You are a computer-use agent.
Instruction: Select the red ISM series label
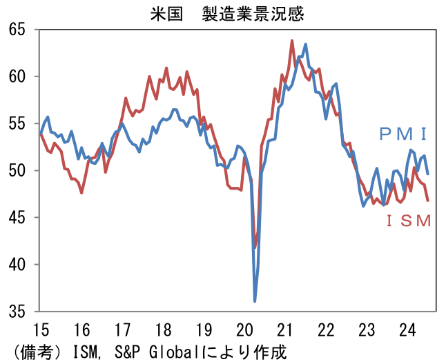click(408, 221)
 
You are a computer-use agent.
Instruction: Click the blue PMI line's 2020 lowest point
click(255, 301)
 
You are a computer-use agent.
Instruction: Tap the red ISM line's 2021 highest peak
click(292, 41)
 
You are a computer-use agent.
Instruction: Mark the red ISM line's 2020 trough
click(255, 247)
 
